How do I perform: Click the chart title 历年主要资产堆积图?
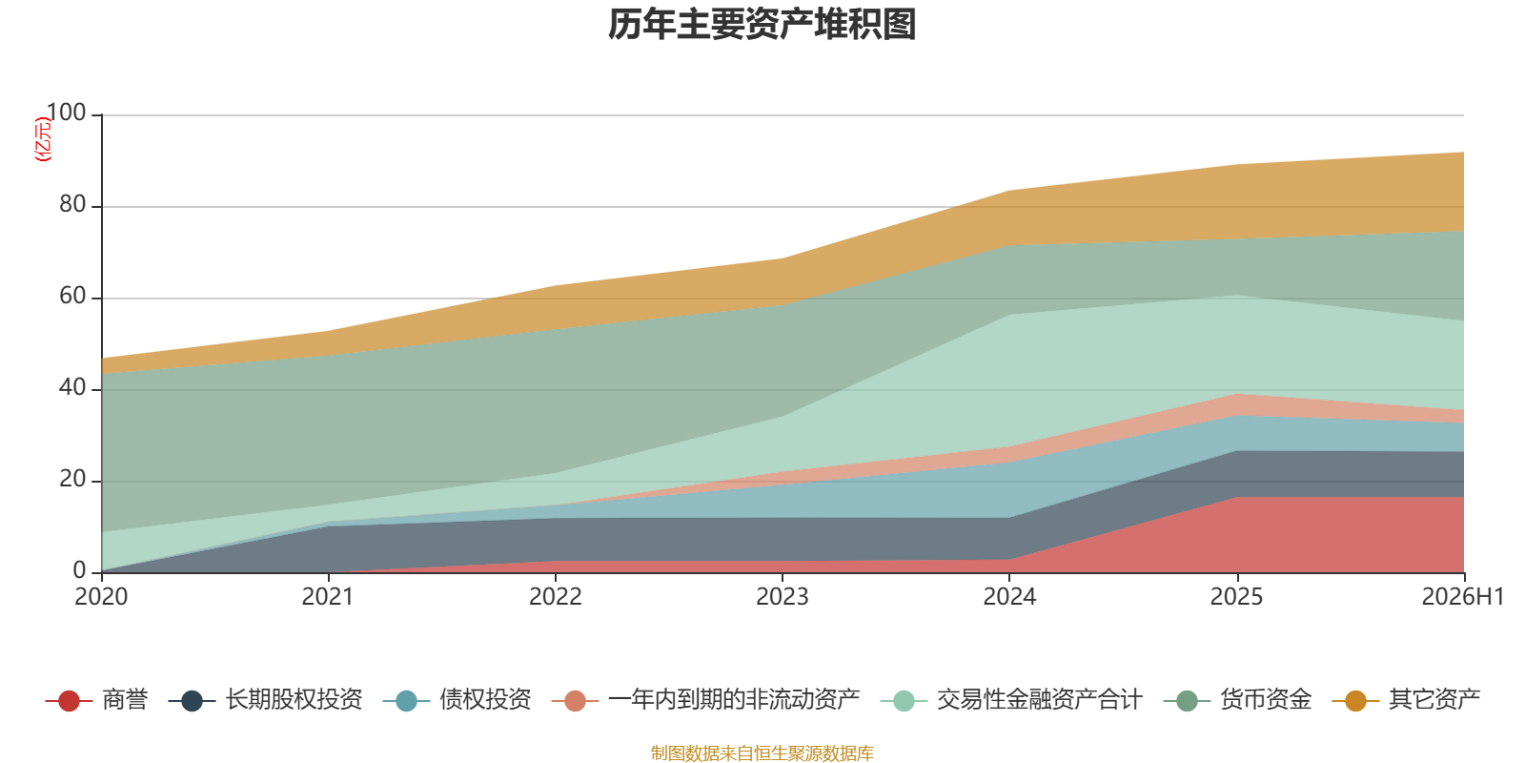762,25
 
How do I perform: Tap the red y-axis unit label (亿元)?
43,139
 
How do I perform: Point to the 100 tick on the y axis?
67,113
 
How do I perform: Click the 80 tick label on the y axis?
72,204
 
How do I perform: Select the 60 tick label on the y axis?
72,297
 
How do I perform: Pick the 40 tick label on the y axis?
72,387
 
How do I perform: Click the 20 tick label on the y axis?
72,480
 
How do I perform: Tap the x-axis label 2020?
101,597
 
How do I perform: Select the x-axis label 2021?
328,597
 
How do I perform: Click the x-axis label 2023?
783,597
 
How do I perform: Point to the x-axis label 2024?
1009,597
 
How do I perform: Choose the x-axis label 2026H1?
1463,597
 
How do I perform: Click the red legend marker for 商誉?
69,700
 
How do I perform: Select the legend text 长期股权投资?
295,700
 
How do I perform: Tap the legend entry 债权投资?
457,700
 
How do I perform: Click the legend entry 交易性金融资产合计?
1011,700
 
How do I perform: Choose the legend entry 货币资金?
1237,700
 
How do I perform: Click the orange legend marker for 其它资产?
1355,700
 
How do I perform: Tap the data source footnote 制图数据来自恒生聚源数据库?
762,753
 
